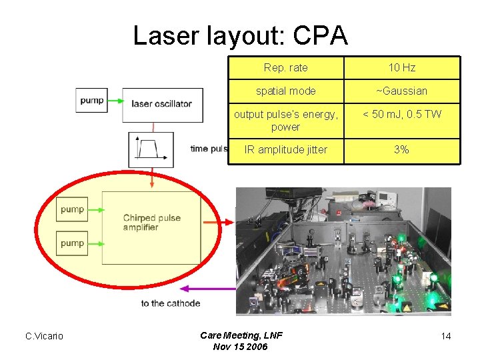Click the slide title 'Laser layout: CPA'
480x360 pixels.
(240, 35)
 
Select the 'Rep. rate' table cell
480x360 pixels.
(285, 68)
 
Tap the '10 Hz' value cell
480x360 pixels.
(401, 68)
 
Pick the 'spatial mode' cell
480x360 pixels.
(285, 91)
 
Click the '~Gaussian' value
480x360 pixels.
(401, 91)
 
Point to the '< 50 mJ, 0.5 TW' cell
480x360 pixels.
(401, 114)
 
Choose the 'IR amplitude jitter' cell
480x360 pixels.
(285, 150)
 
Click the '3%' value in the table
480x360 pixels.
(401, 150)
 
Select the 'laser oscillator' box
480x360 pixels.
(162, 104)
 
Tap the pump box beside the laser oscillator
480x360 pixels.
(92, 101)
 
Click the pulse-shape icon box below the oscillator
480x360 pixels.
(151, 149)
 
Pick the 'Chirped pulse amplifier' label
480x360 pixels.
(151, 223)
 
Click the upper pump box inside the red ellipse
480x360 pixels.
(73, 209)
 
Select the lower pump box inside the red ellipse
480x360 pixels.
(73, 243)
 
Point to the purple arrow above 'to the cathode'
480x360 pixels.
(207, 289)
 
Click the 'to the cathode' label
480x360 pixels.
(170, 303)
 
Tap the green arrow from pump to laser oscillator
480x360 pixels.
(115, 101)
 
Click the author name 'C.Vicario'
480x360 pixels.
(44, 336)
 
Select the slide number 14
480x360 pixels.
(445, 336)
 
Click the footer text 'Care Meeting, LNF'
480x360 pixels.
(241, 335)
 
